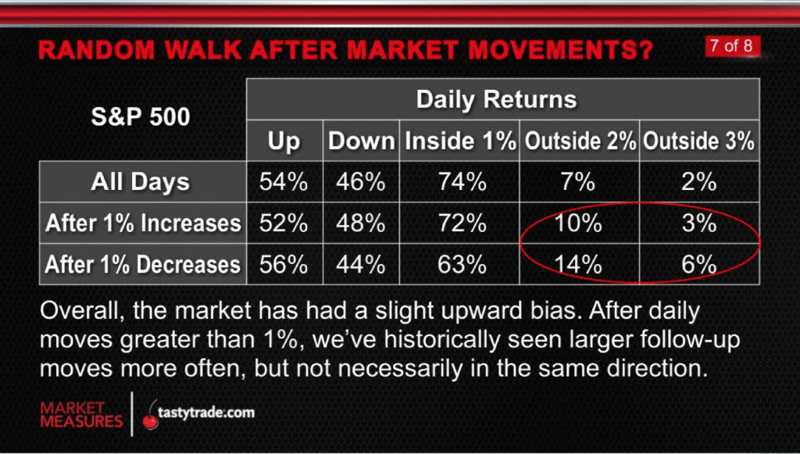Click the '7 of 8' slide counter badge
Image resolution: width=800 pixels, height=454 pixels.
tap(732, 46)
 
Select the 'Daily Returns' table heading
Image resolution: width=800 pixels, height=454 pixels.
tap(496, 99)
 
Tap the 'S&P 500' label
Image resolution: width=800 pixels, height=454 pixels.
tap(141, 116)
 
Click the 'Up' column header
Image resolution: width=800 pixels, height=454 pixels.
tap(284, 141)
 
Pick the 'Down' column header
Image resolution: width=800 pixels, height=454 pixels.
tap(361, 141)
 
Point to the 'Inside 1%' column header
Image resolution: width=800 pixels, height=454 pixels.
tap(460, 141)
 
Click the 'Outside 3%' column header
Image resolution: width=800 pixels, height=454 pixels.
tap(698, 141)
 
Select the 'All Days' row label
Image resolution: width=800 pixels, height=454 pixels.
tap(141, 182)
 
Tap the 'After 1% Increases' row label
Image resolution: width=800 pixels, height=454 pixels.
tap(143, 223)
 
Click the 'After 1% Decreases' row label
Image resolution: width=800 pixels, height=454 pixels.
tap(143, 264)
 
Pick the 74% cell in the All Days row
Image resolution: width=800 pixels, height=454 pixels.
tap(462, 182)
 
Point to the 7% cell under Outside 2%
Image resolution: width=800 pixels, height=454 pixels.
tap(578, 182)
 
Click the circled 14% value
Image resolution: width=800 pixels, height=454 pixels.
tap(578, 264)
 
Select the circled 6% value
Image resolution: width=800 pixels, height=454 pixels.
tap(699, 264)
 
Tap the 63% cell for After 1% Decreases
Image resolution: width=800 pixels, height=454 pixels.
tap(462, 264)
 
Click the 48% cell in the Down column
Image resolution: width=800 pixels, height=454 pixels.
tap(361, 223)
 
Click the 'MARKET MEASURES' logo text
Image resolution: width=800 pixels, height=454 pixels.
tap(81, 415)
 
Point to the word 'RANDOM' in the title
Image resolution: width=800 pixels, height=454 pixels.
tap(96, 50)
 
